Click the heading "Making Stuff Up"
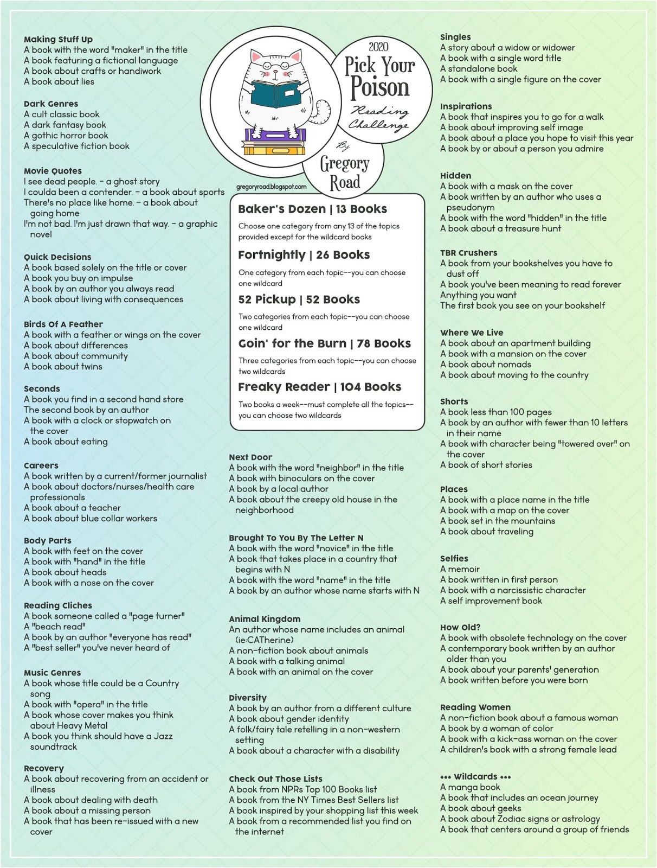58,39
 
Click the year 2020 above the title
378,47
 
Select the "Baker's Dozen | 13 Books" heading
312,209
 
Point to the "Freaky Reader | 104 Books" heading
319,387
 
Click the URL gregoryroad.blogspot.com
271,187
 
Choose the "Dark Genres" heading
51,104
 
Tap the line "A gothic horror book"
66,135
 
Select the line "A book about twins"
63,366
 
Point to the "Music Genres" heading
52,673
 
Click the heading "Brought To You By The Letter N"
296,538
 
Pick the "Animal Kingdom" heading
265,619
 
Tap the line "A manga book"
470,787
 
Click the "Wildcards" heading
475,776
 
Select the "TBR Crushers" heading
468,253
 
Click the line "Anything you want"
478,295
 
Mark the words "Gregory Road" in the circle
344,173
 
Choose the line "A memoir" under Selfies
460,569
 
